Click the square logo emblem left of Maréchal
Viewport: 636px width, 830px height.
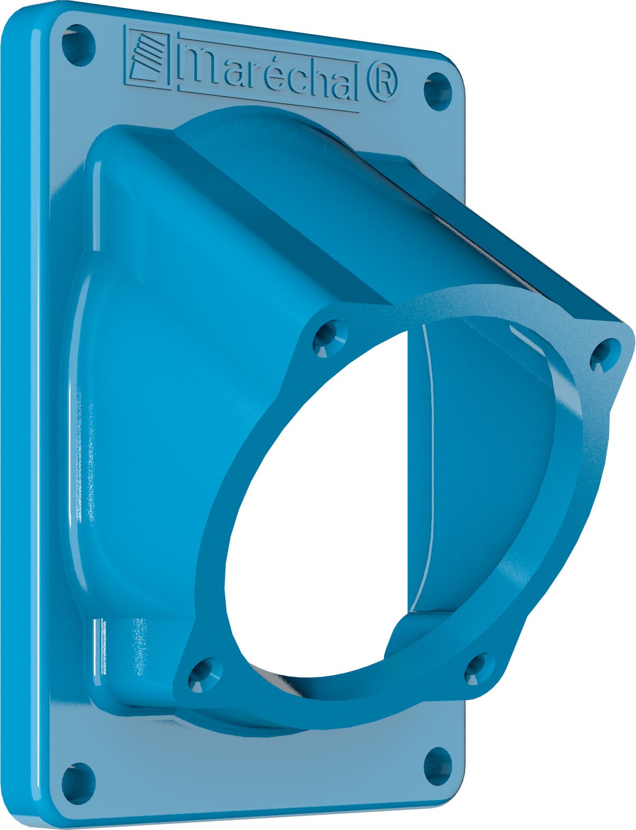[x=147, y=58]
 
